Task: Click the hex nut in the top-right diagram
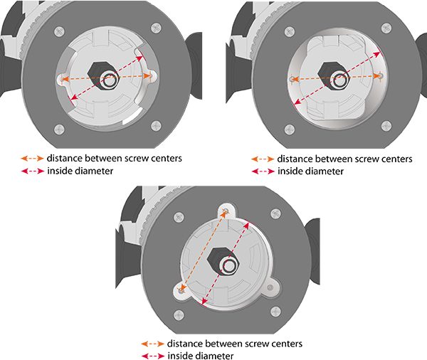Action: click(x=331, y=73)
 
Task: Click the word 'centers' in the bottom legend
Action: click(x=285, y=343)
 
